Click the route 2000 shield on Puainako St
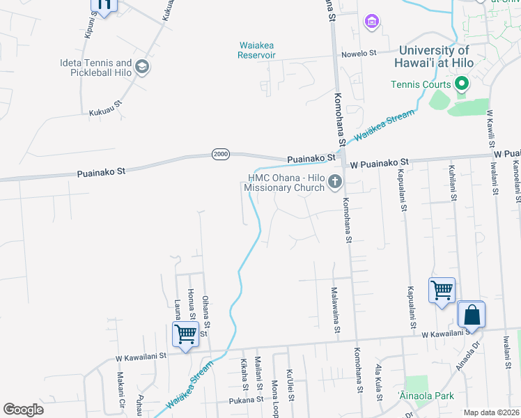221,154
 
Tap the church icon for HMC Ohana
335,183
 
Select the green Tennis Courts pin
460,85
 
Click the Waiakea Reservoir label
257,50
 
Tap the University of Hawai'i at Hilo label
436,56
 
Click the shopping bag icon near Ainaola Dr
472,315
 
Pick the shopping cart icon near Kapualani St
442,290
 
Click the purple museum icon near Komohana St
372,22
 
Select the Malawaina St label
334,308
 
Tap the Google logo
23,410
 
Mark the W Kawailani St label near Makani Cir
142,355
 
